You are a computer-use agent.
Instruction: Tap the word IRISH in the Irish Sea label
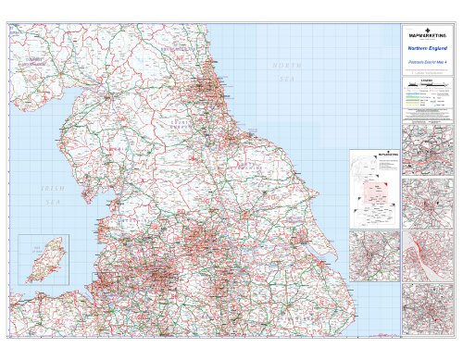pyautogui.click(x=50, y=188)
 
